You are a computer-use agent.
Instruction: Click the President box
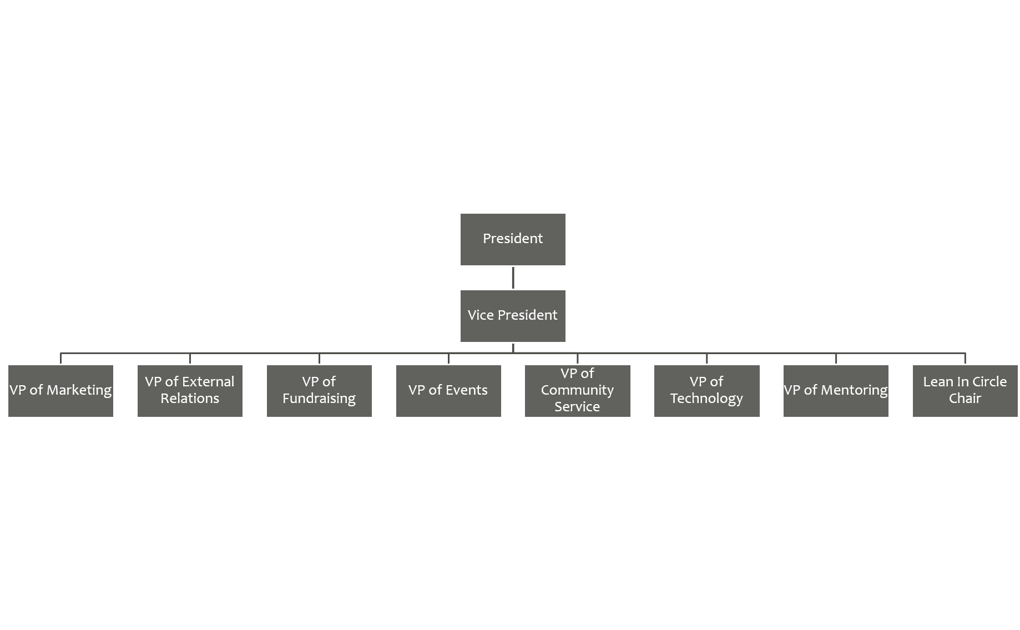513,239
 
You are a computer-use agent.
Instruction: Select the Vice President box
513,316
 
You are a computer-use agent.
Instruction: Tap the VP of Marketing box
60,391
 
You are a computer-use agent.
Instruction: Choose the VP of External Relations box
190,391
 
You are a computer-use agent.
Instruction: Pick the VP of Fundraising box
319,391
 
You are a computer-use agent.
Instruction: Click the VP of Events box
448,391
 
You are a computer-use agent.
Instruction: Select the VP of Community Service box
577,391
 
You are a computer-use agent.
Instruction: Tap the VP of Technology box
706,391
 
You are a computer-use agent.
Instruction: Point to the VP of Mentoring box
836,391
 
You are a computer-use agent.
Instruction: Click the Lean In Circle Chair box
965,391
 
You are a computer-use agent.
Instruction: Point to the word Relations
190,399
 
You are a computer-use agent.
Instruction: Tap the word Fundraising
319,399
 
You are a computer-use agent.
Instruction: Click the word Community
577,390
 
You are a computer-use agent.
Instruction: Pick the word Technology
706,399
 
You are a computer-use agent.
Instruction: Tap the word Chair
965,399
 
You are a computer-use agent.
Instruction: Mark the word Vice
481,315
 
